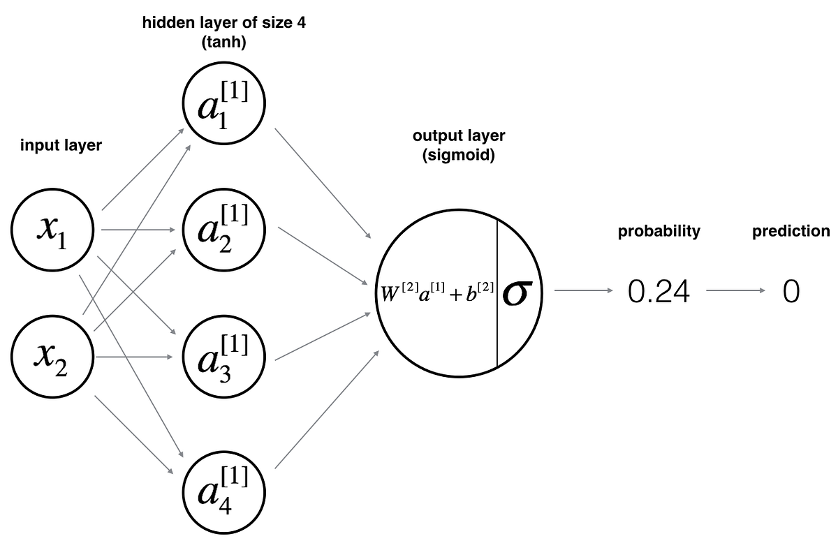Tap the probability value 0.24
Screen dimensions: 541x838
[659, 292]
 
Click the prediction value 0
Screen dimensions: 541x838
[791, 292]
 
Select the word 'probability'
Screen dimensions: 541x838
[659, 232]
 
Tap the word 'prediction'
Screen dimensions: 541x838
[791, 232]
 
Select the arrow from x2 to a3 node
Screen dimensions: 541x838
[133, 357]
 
